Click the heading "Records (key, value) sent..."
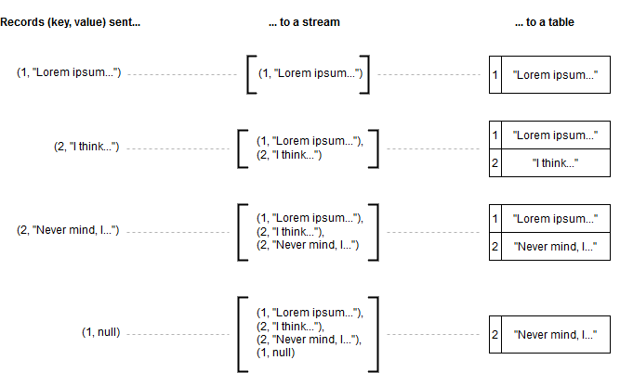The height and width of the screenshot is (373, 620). (71, 21)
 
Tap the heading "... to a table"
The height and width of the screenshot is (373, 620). (544, 21)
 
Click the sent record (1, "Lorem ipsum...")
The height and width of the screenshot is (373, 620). (69, 72)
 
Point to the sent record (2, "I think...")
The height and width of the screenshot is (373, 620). (86, 147)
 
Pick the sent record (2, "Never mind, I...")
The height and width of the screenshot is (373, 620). (69, 229)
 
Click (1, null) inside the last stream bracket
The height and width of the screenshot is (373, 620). (276, 353)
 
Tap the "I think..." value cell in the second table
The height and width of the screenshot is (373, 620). (555, 162)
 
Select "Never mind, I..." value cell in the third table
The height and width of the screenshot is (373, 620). (555, 246)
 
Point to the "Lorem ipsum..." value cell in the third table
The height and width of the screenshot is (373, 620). (555, 219)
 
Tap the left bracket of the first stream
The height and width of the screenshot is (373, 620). (250, 73)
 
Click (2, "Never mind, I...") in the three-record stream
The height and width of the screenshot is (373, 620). (307, 245)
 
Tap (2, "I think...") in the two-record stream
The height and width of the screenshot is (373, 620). (288, 155)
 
